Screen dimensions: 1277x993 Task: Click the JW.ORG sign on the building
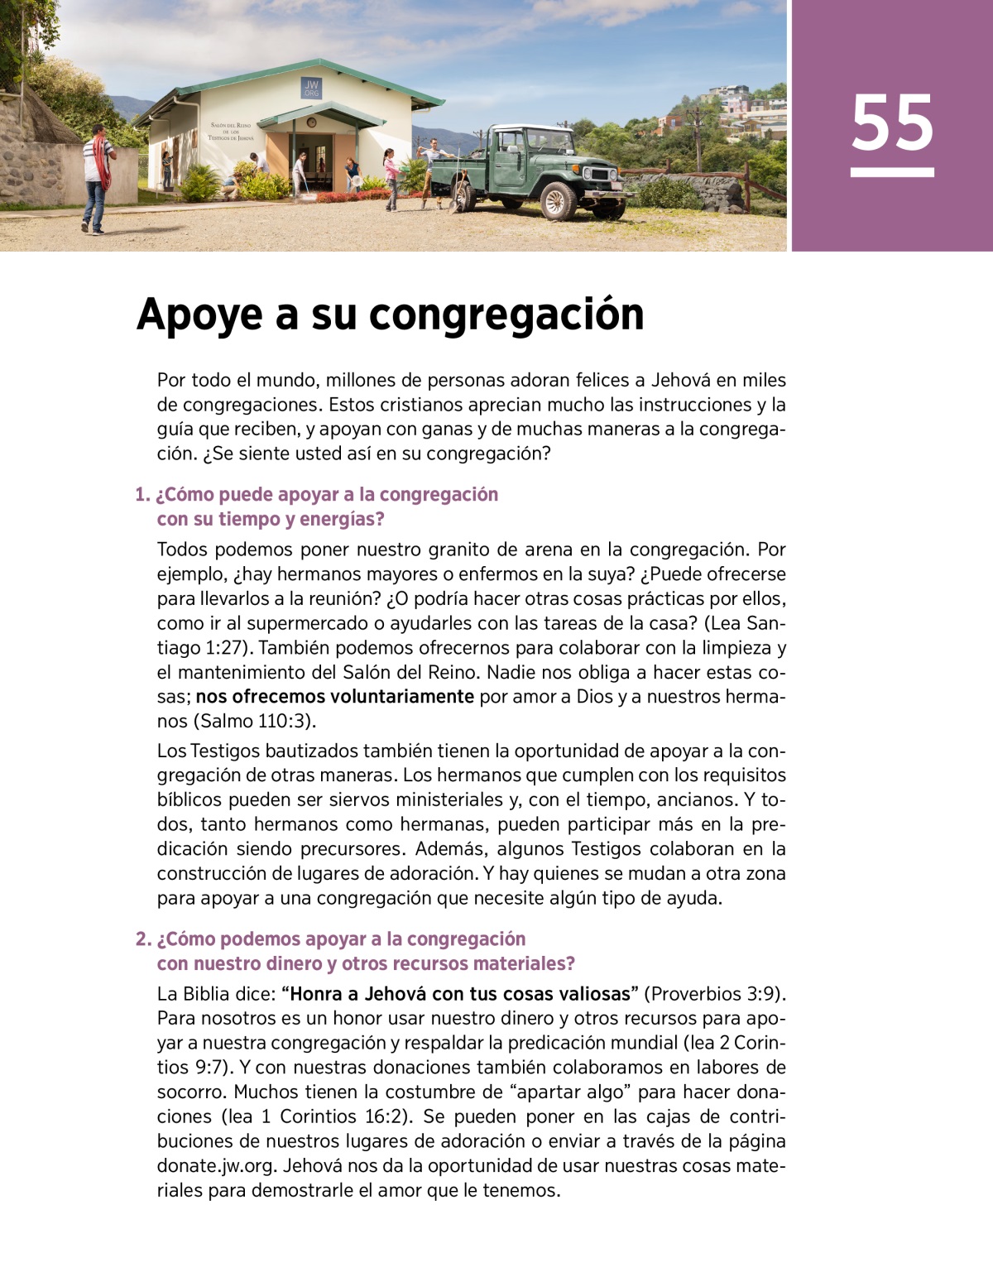click(x=311, y=89)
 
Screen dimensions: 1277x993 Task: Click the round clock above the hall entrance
click(x=311, y=122)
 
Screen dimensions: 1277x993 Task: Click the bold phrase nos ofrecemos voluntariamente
click(x=334, y=696)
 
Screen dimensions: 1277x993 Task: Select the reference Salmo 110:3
click(x=254, y=721)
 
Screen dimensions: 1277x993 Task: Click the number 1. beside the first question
click(x=142, y=495)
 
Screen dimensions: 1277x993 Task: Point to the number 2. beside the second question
click(x=143, y=939)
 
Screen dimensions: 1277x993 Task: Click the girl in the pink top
click(x=390, y=176)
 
